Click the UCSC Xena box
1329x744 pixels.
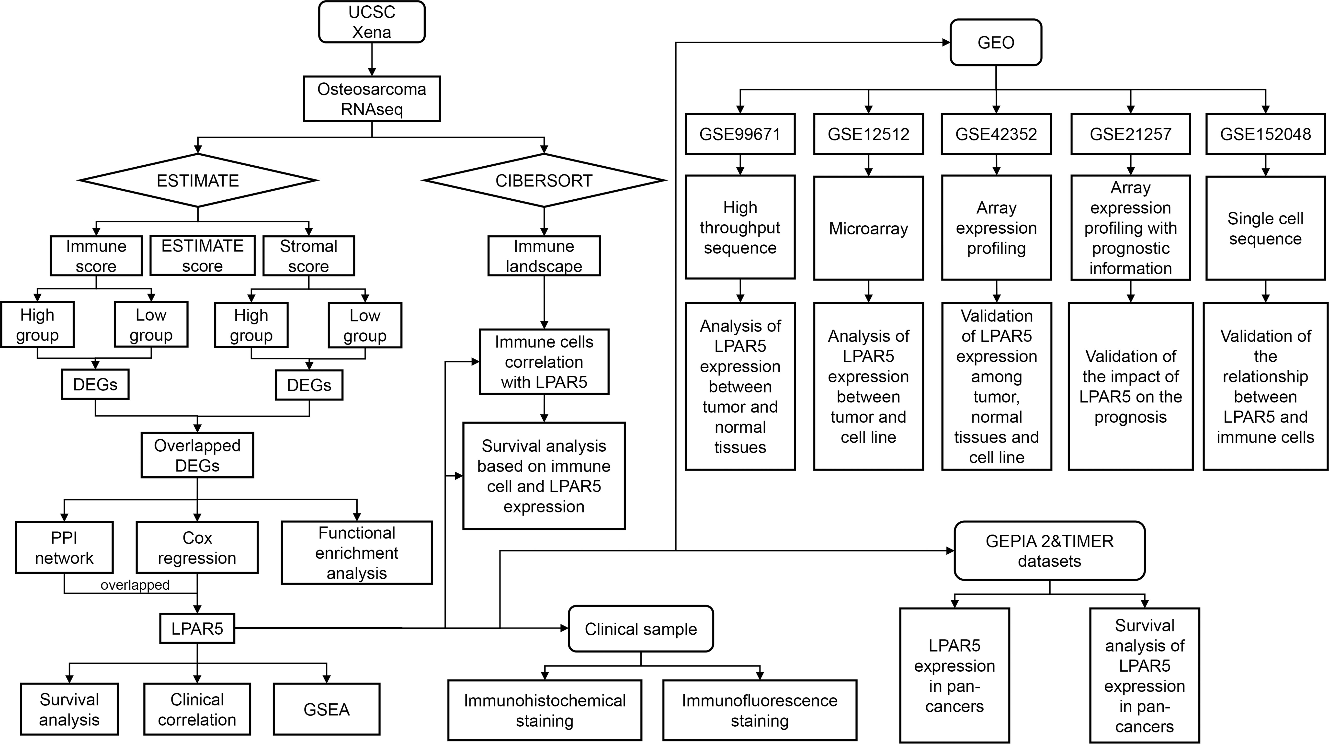point(372,22)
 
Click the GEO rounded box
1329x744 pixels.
point(996,42)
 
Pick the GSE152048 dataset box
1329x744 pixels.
point(1265,134)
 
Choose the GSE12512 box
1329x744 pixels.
point(868,134)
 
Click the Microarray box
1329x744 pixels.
point(868,228)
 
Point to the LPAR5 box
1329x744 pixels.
point(197,629)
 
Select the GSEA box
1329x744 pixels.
point(327,710)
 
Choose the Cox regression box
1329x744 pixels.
point(197,548)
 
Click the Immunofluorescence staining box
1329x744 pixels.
point(760,710)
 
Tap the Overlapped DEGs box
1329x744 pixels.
point(197,455)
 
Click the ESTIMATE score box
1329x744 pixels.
point(202,255)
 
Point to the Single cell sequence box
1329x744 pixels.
point(1265,228)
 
